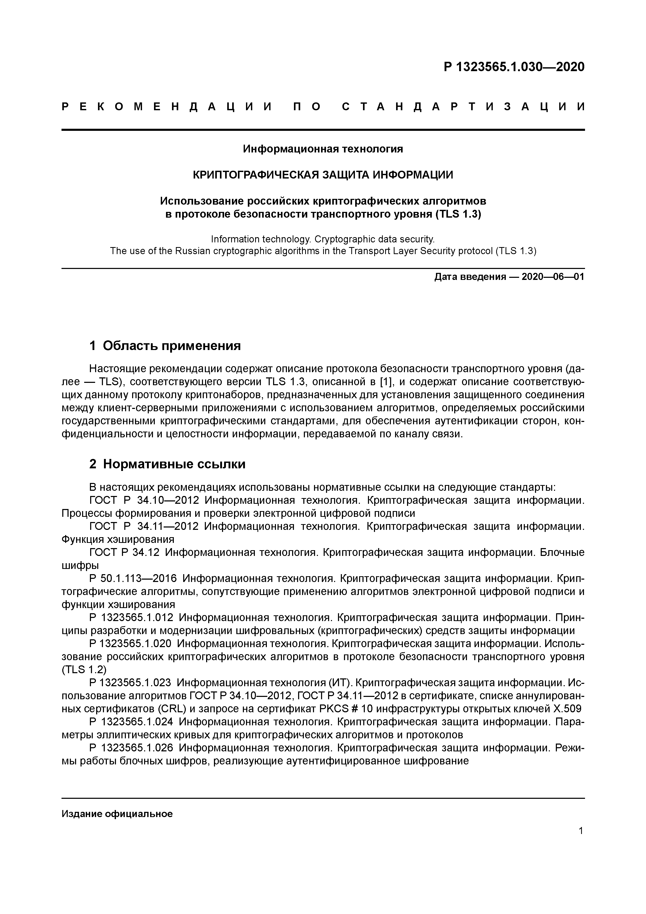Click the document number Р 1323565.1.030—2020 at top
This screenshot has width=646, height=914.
[x=514, y=67]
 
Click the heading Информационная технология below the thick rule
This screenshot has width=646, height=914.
[x=323, y=149]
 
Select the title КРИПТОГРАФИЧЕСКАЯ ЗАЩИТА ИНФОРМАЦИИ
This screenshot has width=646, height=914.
[x=323, y=175]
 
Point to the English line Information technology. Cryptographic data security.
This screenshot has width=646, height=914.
[x=323, y=239]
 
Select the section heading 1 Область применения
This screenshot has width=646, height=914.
[x=165, y=346]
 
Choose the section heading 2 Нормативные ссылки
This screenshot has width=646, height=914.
[x=168, y=464]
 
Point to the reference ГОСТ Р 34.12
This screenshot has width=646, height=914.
[x=124, y=553]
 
